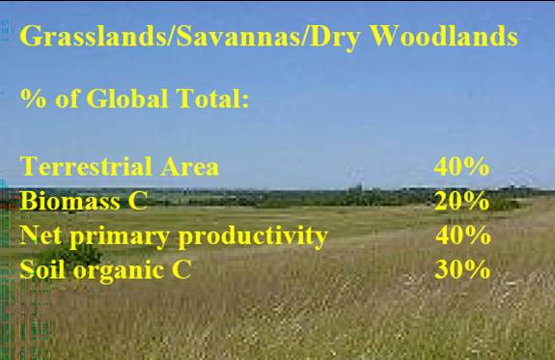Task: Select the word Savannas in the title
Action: coord(238,36)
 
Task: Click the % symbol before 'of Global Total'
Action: coord(33,98)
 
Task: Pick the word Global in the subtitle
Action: coord(127,97)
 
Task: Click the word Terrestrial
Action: coord(86,166)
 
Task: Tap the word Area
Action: coord(190,166)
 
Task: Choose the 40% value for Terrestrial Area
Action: coord(461,166)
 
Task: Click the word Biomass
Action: coord(70,201)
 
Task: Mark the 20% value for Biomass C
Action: coord(461,201)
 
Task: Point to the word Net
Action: coord(41,235)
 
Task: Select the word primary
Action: coord(120,236)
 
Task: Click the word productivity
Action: coord(253,236)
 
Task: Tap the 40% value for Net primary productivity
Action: coord(463,235)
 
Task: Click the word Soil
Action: coord(42,269)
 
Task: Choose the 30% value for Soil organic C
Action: coord(462,269)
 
